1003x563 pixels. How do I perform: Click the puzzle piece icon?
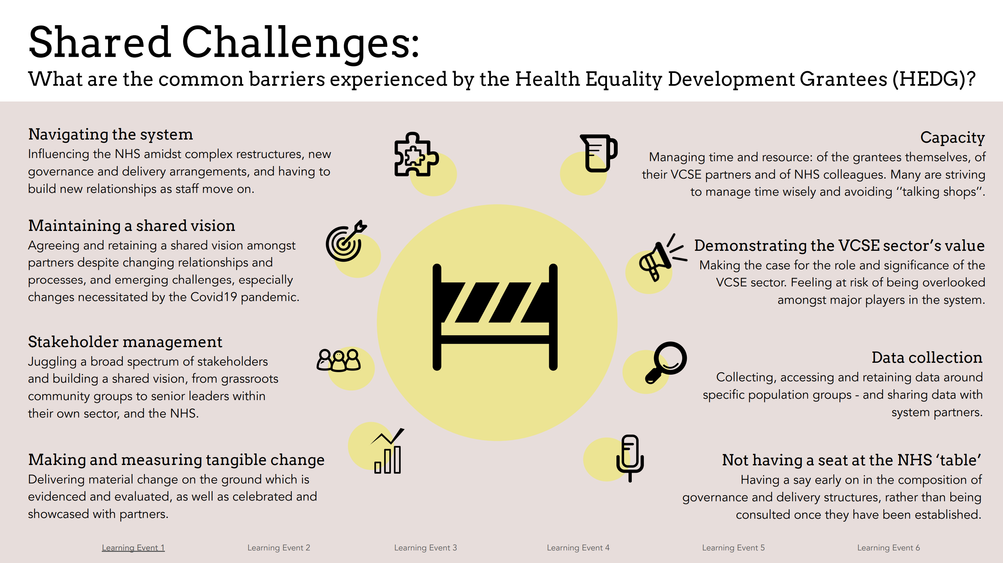(x=416, y=154)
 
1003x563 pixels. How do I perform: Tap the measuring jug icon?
(x=599, y=153)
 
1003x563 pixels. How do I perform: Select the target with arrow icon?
(x=346, y=241)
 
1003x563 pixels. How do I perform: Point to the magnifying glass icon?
(x=666, y=362)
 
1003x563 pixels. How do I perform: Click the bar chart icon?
(x=387, y=451)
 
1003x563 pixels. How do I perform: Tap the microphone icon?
(x=630, y=458)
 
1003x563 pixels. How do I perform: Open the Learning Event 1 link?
(x=133, y=547)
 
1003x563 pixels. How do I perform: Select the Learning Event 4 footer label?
(x=578, y=547)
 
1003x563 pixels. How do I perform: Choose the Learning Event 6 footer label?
(x=889, y=547)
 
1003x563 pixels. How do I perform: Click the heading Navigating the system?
(x=111, y=134)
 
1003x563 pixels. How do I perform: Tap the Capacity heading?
(x=952, y=138)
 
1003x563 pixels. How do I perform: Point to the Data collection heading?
(x=927, y=357)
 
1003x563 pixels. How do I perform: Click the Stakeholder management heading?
(x=125, y=342)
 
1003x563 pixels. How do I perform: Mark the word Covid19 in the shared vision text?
(x=213, y=297)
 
